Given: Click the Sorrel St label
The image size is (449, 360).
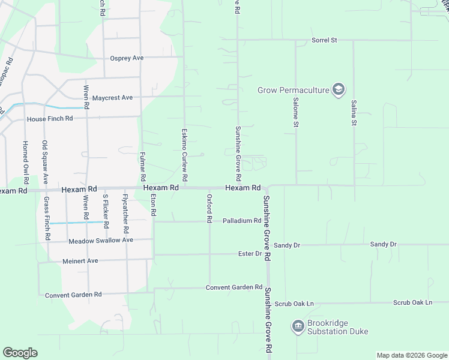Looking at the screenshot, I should pyautogui.click(x=324, y=40).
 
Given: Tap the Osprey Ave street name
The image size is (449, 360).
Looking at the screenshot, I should pyautogui.click(x=127, y=58).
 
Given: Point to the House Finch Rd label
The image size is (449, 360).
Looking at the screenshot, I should pyautogui.click(x=49, y=119).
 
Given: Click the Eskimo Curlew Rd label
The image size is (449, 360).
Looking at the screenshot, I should pyautogui.click(x=185, y=155).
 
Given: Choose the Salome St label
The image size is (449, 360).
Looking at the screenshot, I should pyautogui.click(x=295, y=114).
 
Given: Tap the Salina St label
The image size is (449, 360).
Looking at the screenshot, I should pyautogui.click(x=354, y=113).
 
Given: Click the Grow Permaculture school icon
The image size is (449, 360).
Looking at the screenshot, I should pyautogui.click(x=339, y=90).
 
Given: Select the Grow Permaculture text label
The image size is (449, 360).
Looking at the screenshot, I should pyautogui.click(x=294, y=91).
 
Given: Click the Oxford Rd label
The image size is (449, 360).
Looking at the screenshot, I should pyautogui.click(x=209, y=209).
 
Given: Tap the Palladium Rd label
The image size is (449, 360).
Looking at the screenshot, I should pyautogui.click(x=242, y=221).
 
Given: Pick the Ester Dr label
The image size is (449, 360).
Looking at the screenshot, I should pyautogui.click(x=250, y=254).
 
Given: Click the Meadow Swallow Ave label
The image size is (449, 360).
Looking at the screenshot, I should pyautogui.click(x=101, y=241).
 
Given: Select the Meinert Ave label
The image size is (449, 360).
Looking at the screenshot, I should pyautogui.click(x=80, y=262).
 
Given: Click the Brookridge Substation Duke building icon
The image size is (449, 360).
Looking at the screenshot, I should pyautogui.click(x=298, y=327).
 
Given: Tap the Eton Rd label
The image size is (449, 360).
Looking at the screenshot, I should pyautogui.click(x=154, y=205).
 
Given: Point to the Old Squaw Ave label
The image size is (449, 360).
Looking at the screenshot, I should pyautogui.click(x=44, y=162).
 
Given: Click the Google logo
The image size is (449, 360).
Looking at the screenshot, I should pyautogui.click(x=20, y=353).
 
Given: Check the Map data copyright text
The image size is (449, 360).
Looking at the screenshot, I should pyautogui.click(x=411, y=355).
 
